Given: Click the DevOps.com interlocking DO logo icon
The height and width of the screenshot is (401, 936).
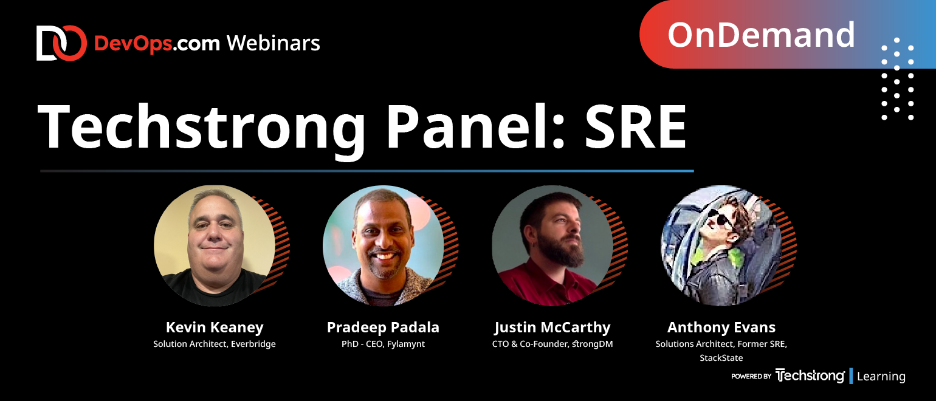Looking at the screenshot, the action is point(61,43).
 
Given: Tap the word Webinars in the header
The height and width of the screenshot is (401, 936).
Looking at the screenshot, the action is point(274,43).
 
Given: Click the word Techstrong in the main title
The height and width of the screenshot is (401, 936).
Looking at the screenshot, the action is point(201,128).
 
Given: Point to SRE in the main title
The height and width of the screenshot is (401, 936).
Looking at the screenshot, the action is point(635,126).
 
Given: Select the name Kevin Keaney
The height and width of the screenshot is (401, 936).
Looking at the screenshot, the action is point(215,327).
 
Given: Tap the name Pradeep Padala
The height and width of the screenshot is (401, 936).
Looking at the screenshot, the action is point(383,327).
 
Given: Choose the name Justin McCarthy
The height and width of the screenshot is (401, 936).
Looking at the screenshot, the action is point(552,327).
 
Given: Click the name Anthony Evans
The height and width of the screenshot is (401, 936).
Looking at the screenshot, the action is point(721,327).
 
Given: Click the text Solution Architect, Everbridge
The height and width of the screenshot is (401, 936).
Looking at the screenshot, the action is point(215,344).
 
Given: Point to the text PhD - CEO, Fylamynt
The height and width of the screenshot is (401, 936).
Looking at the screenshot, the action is point(383,344).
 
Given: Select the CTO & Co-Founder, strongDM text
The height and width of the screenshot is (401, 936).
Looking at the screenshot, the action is point(552,344).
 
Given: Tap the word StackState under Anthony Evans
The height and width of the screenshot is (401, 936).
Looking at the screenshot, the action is point(721,357).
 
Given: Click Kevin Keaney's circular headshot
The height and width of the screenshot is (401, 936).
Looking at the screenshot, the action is point(215,245).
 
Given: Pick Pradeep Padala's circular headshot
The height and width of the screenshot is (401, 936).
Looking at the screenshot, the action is point(383,245).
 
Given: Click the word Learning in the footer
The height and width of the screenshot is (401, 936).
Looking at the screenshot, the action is point(881,376).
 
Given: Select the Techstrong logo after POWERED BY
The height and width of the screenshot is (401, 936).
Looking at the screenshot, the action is point(810,376).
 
